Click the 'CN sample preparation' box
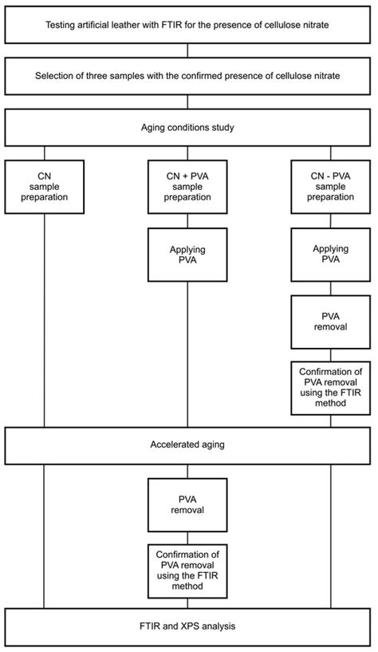[x=44, y=187]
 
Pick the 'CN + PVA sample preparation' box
[x=187, y=187]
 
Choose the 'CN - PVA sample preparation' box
[x=330, y=187]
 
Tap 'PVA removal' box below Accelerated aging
[x=187, y=506]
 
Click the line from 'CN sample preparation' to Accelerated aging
[x=44, y=319]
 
